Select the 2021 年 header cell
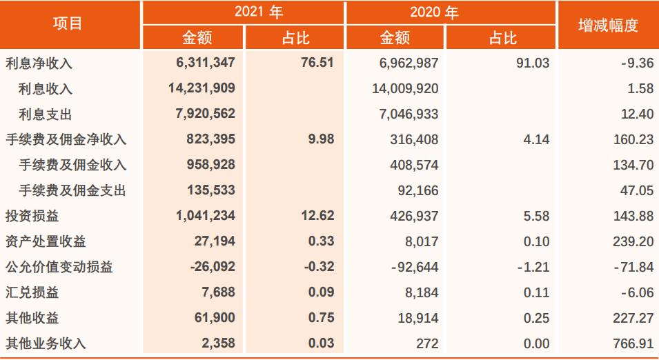click(244, 12)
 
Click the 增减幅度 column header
click(607, 26)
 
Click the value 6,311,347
click(206, 63)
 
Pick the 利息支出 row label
click(46, 114)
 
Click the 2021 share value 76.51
click(317, 63)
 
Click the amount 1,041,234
click(206, 216)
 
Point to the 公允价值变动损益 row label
click(59, 267)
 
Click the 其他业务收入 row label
click(46, 343)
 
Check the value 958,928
click(210, 165)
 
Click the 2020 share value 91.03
click(533, 63)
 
